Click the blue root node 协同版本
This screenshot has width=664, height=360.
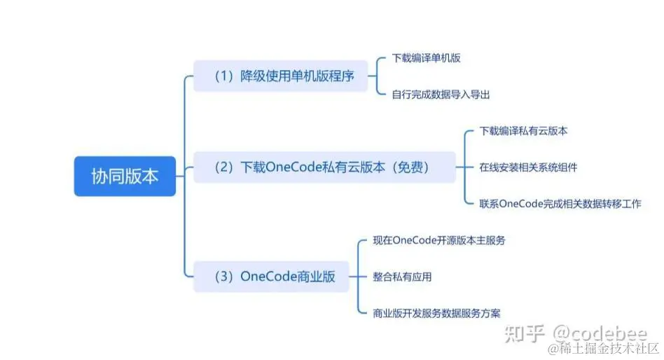click(x=125, y=176)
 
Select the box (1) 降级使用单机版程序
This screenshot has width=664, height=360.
click(x=280, y=76)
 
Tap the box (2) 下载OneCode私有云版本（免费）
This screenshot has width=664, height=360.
click(x=324, y=168)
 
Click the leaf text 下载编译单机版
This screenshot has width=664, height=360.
click(x=426, y=58)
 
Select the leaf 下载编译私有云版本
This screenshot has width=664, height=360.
click(x=523, y=131)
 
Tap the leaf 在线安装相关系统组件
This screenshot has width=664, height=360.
click(x=528, y=167)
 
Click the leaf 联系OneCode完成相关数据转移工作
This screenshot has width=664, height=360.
click(x=560, y=203)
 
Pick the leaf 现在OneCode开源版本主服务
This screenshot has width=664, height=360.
click(x=439, y=240)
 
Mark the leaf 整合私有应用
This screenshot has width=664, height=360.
click(x=402, y=277)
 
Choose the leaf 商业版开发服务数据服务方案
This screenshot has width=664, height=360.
click(x=436, y=313)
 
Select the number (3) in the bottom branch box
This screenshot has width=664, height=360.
click(x=223, y=277)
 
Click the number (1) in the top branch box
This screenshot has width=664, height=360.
click(x=223, y=76)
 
